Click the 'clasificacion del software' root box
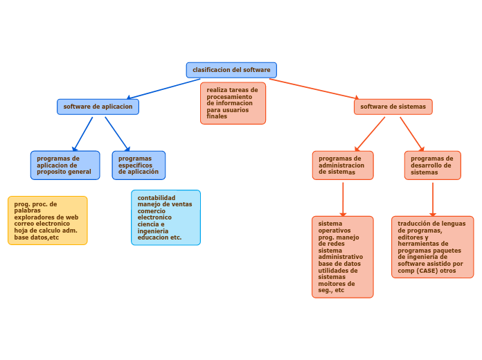pos(231,70)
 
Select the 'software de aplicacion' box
pos(98,107)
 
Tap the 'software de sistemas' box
pos(393,107)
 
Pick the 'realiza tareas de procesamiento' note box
pos(233,103)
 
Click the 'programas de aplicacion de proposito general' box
pos(64,165)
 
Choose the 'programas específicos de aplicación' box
pos(139,165)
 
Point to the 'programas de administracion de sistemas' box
pos(342,165)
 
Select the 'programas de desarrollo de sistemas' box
pos(432,165)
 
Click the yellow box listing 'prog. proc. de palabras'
pos(48,220)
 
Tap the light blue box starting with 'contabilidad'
pos(166,217)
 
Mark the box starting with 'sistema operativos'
pos(342,257)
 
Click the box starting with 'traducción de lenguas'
pos(432,247)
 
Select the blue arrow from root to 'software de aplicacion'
pos(164,89)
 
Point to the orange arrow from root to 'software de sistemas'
pos(314,89)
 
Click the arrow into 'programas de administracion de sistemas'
pos(370,134)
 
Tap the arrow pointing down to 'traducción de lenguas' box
pos(433,199)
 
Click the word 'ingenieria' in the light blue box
pos(153,231)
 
